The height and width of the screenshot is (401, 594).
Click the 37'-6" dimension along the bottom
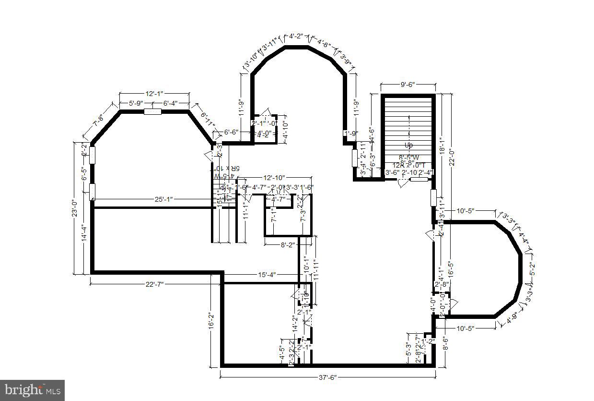(327, 377)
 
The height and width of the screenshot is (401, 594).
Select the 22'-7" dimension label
(154, 284)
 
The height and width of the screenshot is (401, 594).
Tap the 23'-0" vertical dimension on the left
(75, 209)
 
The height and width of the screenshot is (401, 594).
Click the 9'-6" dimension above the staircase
(408, 85)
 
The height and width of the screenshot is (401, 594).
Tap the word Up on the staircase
(408, 145)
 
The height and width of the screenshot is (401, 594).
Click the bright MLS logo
(32, 390)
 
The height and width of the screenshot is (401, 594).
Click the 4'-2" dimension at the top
(296, 36)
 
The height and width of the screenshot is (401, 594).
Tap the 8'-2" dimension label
(287, 245)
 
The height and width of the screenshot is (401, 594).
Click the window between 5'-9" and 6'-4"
(152, 112)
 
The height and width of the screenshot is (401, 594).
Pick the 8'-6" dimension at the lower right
(445, 345)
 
